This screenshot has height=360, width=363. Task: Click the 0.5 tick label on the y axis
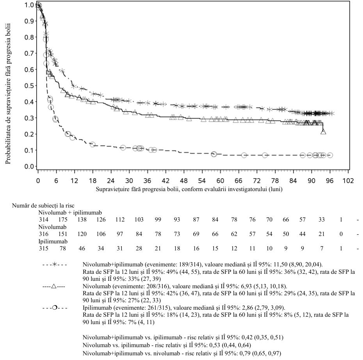click(x=29, y=86)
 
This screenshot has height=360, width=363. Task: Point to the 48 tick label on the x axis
click(x=184, y=181)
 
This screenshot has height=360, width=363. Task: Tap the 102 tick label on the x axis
click(x=348, y=181)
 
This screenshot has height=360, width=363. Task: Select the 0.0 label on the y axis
click(x=29, y=167)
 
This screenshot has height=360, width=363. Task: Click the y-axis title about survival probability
click(x=8, y=94)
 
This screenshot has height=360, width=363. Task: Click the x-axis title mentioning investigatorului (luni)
click(x=189, y=189)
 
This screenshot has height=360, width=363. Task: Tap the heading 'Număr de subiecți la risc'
click(x=43, y=206)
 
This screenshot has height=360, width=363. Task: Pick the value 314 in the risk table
click(x=44, y=220)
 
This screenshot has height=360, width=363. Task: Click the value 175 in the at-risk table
click(x=63, y=220)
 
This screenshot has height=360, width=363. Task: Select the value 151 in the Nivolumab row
click(x=63, y=234)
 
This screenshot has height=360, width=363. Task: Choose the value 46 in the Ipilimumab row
click(x=82, y=248)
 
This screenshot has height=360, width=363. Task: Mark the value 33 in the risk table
click(x=322, y=220)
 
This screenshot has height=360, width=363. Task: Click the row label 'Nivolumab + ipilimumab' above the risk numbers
click(x=70, y=213)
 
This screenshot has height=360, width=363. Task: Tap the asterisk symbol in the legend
click(x=55, y=264)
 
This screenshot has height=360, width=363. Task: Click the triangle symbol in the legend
click(x=54, y=286)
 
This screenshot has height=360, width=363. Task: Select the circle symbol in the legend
click(x=55, y=308)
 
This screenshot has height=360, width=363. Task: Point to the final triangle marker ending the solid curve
click(x=323, y=132)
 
